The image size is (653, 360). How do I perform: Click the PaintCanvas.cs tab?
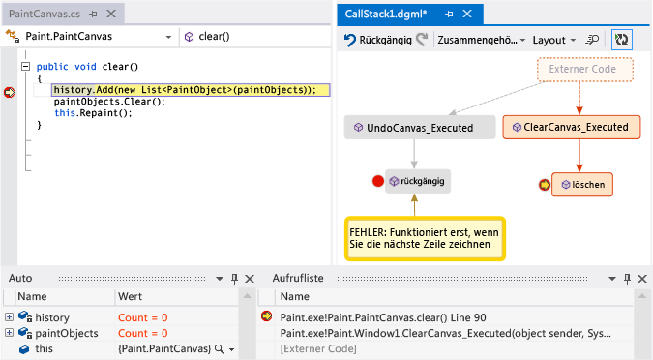click(44, 14)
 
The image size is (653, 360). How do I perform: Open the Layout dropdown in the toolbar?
click(553, 41)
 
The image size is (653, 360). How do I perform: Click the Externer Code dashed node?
click(583, 70)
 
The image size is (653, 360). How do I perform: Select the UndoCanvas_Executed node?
click(414, 127)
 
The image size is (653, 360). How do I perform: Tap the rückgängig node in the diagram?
click(418, 181)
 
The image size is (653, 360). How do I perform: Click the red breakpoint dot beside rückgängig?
click(378, 181)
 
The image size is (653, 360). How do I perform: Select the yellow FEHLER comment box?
click(425, 238)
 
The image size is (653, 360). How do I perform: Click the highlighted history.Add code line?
click(184, 90)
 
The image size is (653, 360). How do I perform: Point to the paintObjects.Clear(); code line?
click(109, 102)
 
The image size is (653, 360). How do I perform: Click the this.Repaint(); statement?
click(93, 113)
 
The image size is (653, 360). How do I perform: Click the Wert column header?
click(131, 297)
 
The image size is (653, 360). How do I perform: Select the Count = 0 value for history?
click(143, 317)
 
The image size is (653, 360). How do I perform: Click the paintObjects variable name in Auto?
click(67, 333)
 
